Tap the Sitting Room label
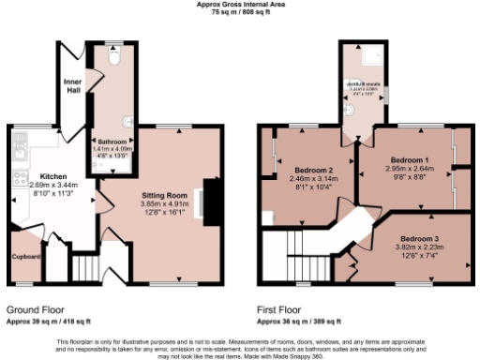(164, 195)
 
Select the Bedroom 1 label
(409, 160)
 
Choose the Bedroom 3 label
(419, 239)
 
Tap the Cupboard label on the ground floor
(25, 254)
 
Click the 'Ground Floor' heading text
(37, 308)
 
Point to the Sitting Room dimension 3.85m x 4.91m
(165, 203)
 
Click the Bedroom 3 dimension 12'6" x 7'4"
(419, 255)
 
